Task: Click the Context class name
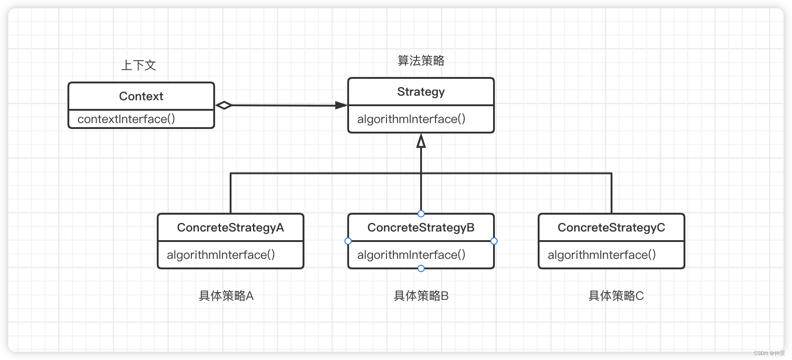point(141,96)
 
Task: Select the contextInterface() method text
point(126,119)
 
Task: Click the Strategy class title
point(421,92)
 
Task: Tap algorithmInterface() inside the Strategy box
point(411,119)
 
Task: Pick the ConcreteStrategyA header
point(230,227)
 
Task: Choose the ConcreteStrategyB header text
point(421,227)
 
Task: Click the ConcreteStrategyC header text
point(611,227)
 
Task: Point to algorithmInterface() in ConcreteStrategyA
point(221,255)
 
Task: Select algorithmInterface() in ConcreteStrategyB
point(411,255)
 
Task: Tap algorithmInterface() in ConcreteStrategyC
point(602,255)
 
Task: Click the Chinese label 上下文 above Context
point(139,65)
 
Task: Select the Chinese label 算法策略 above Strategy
point(421,61)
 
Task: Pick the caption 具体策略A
point(226,296)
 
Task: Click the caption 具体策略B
point(421,296)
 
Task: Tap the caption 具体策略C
point(616,296)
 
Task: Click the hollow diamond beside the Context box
point(224,105)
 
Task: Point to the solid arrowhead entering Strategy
point(341,105)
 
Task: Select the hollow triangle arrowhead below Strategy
point(421,141)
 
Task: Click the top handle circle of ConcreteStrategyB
point(421,214)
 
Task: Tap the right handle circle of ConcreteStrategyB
point(494,241)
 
